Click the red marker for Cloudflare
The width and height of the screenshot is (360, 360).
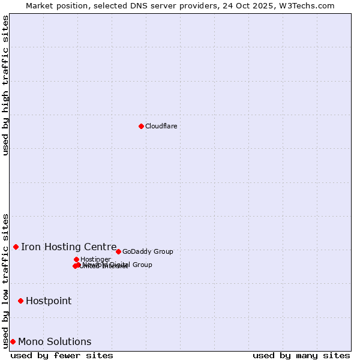(141, 126)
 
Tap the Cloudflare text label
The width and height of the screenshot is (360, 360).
(161, 126)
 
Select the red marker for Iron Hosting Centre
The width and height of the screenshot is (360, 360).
(16, 247)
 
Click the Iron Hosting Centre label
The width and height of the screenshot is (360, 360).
(68, 247)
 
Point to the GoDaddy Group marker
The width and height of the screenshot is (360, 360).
(118, 251)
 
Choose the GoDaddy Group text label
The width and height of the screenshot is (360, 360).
(148, 251)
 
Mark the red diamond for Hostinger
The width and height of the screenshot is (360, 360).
(76, 259)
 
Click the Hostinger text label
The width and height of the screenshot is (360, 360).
(95, 259)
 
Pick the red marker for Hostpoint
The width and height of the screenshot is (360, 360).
(20, 301)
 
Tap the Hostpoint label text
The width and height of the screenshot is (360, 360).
(49, 301)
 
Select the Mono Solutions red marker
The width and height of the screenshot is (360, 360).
(13, 341)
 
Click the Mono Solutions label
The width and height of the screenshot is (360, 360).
(55, 341)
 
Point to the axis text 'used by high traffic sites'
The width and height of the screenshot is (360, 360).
(6, 85)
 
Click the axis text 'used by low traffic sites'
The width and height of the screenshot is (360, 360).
(6, 280)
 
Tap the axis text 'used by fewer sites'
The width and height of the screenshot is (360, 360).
(62, 355)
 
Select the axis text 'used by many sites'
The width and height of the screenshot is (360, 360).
(301, 355)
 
